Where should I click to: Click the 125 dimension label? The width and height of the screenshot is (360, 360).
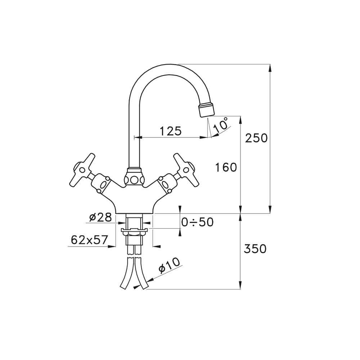(x=170, y=131)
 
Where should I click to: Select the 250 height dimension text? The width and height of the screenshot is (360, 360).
(x=256, y=138)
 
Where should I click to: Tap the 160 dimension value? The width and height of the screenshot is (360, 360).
(x=226, y=167)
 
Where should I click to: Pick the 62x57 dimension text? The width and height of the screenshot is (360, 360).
(x=89, y=240)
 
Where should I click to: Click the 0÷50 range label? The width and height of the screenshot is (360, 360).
(x=197, y=222)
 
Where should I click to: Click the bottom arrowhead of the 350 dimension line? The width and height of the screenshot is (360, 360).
(x=241, y=286)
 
